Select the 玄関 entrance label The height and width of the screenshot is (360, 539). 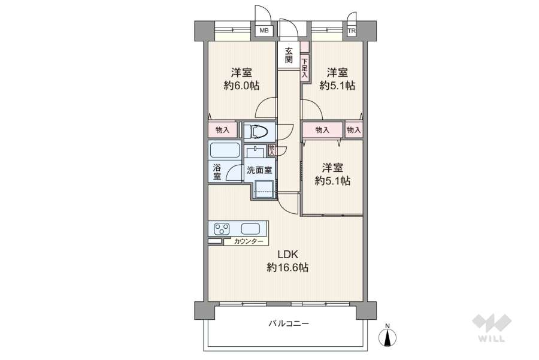[x=289, y=55]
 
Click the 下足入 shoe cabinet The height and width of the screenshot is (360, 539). [x=304, y=66]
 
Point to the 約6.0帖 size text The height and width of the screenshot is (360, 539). [x=241, y=86]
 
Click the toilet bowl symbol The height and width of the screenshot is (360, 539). [x=258, y=131]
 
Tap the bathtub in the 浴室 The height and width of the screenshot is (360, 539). [x=225, y=150]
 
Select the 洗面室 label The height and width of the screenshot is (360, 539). [x=259, y=170]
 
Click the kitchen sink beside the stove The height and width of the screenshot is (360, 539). [x=250, y=228]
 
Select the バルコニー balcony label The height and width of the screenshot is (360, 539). [x=288, y=324]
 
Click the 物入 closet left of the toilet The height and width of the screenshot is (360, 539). [x=222, y=130]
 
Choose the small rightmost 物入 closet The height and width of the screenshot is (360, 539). [x=354, y=129]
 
